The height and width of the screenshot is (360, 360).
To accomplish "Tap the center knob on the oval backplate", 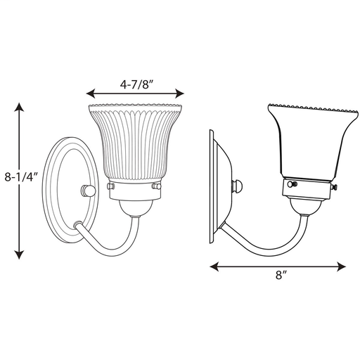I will [x=88, y=190].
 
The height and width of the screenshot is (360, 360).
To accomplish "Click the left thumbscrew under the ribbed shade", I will [x=110, y=188].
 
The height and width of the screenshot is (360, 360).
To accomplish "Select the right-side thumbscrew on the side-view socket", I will [x=336, y=188].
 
